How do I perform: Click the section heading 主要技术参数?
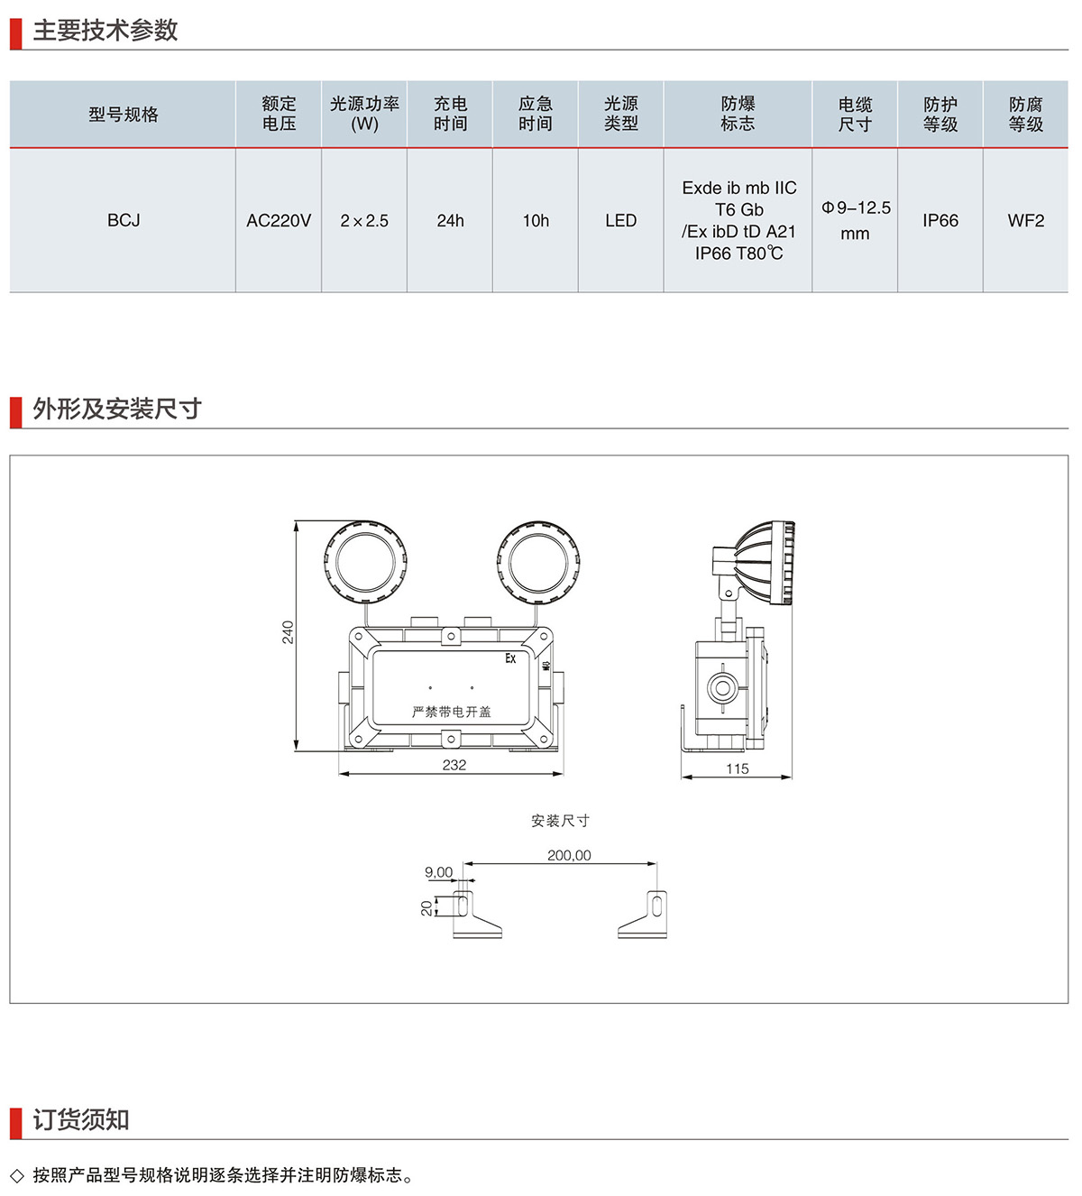105,31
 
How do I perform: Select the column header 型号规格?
124,115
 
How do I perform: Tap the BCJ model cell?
124,221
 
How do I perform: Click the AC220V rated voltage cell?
279,221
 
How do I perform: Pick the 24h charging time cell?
450,221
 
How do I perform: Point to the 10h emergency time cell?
536,221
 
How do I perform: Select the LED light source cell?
620,221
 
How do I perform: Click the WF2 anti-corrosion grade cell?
1025,221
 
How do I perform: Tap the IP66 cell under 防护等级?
940,221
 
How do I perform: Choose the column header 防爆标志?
738,115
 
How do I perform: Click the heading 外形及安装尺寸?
117,409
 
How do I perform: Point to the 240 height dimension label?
288,631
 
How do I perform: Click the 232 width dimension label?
454,765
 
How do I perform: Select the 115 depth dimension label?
738,768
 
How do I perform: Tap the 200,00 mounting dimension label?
569,855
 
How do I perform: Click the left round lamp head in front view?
365,561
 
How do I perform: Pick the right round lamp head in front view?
538,561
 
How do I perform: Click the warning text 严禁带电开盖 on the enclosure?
452,712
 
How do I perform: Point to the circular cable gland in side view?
720,688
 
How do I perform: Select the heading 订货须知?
81,1120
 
